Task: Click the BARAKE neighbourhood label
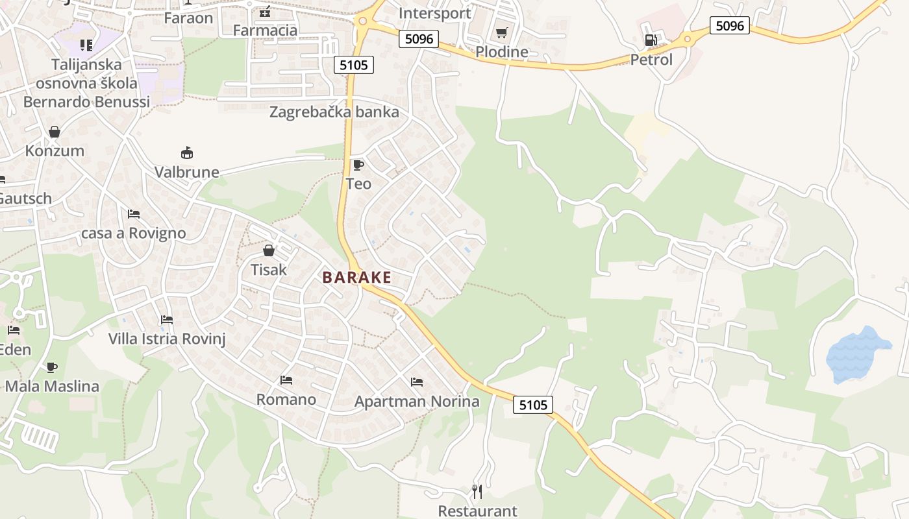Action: click(x=356, y=278)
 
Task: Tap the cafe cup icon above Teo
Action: click(x=358, y=165)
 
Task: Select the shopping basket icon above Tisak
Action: click(x=269, y=250)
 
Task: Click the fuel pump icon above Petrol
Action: click(x=651, y=40)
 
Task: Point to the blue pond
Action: click(x=856, y=354)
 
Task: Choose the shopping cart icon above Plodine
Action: click(x=501, y=32)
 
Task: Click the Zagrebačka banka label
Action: click(x=334, y=112)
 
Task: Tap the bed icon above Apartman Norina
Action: click(x=417, y=382)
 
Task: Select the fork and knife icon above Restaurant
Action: click(x=477, y=492)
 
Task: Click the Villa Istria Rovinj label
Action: click(x=167, y=339)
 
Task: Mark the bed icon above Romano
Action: click(x=286, y=380)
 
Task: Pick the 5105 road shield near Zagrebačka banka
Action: click(x=354, y=64)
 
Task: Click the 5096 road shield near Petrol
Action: click(x=729, y=25)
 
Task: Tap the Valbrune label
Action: click(x=187, y=173)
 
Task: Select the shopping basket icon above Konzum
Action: click(x=55, y=132)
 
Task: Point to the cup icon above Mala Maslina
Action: click(x=52, y=367)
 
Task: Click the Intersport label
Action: click(x=434, y=13)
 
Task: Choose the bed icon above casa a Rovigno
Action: click(x=134, y=213)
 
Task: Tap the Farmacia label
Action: click(x=265, y=30)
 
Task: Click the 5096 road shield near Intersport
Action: click(x=419, y=39)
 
